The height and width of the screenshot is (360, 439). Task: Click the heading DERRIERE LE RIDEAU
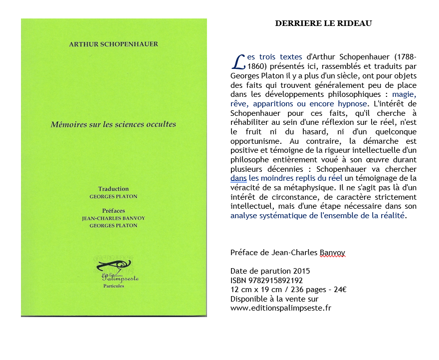[x=323, y=23]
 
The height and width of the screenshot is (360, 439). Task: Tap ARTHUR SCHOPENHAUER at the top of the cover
[x=113, y=44]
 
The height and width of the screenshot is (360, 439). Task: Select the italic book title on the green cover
[x=113, y=124]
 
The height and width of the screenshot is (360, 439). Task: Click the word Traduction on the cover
[x=113, y=189]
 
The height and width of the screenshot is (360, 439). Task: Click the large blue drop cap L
[x=238, y=62]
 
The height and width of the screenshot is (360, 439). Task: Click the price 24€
[x=341, y=290]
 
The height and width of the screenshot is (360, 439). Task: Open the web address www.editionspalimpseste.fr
[x=281, y=308]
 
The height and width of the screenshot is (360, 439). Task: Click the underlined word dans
[x=238, y=177]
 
